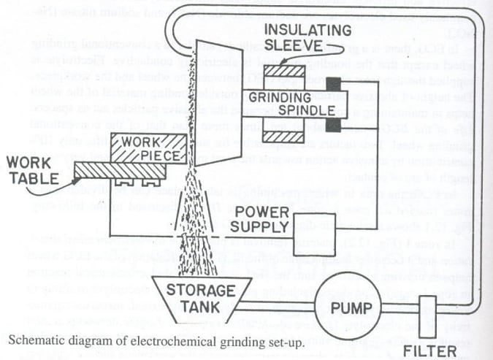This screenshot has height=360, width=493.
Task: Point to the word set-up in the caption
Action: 251,337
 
